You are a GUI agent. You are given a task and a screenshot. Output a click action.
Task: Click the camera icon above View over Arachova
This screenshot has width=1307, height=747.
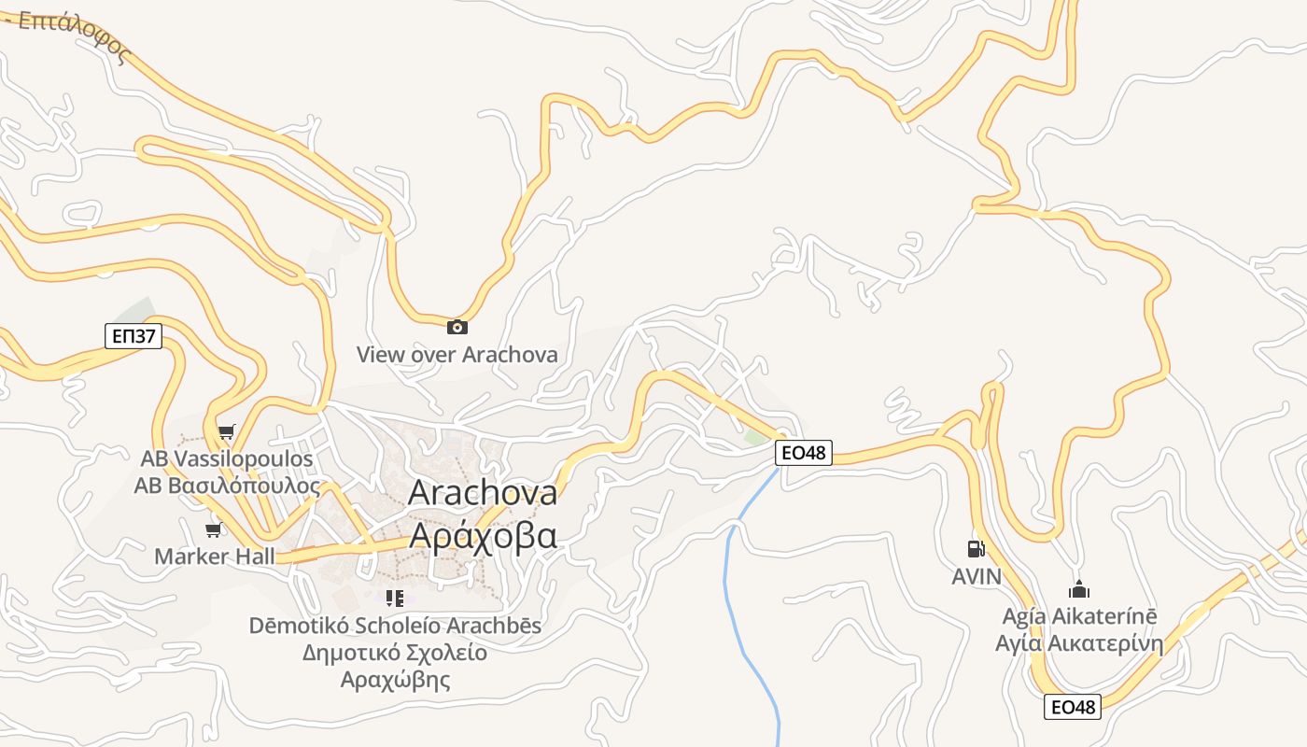pos(457,327)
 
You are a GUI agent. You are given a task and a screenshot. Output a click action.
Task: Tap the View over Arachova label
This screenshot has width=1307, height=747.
pos(457,355)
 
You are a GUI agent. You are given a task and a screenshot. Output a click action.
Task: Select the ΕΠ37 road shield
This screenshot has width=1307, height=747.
pos(134,336)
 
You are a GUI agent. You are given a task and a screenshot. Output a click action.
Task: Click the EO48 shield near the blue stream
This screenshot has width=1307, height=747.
pos(803,453)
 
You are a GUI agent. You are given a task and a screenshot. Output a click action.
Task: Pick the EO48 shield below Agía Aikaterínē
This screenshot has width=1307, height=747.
pos(1073,707)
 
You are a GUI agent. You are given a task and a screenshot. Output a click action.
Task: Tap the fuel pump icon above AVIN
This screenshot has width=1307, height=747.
pos(976,549)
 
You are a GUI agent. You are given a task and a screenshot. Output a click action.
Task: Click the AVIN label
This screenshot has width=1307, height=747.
pos(976,577)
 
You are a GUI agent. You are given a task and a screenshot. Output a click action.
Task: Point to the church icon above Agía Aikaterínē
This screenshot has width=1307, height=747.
pos(1078,590)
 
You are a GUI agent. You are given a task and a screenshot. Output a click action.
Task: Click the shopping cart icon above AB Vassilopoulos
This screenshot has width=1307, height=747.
pos(226,431)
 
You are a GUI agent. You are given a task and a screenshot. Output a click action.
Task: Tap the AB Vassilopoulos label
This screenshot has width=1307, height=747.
pos(227,458)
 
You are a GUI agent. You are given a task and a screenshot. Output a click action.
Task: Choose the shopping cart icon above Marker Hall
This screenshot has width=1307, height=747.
pos(214,530)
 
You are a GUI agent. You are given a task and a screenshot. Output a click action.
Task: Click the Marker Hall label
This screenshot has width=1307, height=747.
pos(215,557)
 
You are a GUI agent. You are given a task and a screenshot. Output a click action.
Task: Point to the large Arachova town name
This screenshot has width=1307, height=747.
pos(483,492)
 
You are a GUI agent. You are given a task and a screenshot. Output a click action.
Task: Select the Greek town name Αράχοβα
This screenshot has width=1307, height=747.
pos(483,536)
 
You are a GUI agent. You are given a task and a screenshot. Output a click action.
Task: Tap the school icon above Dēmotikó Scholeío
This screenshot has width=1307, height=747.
pos(394,598)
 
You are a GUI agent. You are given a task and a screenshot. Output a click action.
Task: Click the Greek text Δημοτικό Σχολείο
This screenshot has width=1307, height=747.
pos(394,652)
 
